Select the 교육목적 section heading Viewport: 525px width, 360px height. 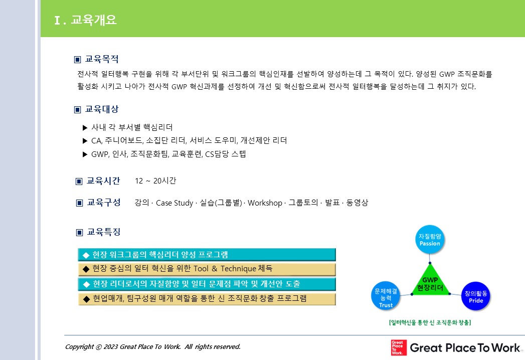pyautogui.click(x=102, y=59)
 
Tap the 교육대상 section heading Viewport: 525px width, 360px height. pyautogui.click(x=102, y=109)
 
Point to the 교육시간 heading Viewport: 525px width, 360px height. pyautogui.click(x=103, y=181)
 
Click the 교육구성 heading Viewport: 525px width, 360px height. pyautogui.click(x=104, y=202)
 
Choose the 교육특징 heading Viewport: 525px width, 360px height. pyautogui.click(x=104, y=232)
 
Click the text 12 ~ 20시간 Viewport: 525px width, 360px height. pyautogui.click(x=155, y=181)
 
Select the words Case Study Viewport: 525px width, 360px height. pyautogui.click(x=174, y=203)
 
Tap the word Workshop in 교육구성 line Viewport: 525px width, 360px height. pyautogui.click(x=265, y=203)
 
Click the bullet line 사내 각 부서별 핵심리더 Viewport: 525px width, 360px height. pyautogui.click(x=132, y=127)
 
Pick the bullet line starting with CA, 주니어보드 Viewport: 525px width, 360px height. pyautogui.click(x=189, y=140)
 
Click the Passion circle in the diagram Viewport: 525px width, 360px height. pyautogui.click(x=430, y=240)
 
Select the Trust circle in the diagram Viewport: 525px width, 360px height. pyautogui.click(x=386, y=296)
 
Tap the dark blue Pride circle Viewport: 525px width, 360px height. pyautogui.click(x=476, y=296)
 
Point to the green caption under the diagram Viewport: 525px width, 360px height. pyautogui.click(x=430, y=322)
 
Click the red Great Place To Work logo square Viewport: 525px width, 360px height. pyautogui.click(x=399, y=347)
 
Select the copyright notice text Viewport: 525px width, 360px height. pyautogui.click(x=152, y=346)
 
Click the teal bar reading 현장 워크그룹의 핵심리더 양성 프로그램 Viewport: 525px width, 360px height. pyautogui.click(x=207, y=255)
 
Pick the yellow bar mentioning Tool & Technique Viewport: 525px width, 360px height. pyautogui.click(x=207, y=269)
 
